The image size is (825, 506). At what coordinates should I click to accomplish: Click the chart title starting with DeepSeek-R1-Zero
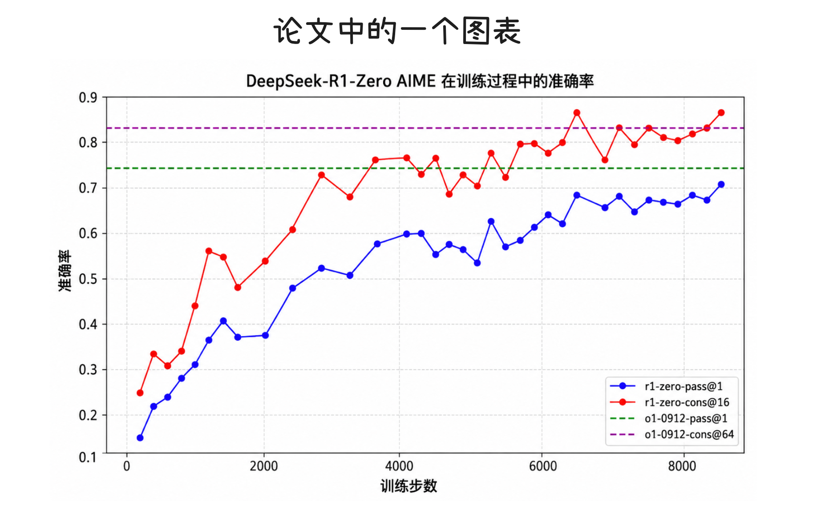[420, 81]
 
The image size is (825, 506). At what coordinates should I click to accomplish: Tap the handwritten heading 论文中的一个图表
[397, 31]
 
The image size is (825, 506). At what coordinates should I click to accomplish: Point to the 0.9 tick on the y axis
[88, 97]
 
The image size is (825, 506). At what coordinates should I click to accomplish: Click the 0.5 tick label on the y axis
[88, 279]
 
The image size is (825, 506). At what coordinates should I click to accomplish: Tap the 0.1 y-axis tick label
[88, 457]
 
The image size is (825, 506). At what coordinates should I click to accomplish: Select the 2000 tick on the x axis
[263, 466]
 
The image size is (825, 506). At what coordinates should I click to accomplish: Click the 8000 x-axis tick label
[682, 466]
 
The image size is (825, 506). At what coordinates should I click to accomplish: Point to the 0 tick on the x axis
[127, 466]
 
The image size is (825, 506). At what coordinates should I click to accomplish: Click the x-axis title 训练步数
[408, 486]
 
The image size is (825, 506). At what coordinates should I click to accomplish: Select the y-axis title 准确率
[65, 271]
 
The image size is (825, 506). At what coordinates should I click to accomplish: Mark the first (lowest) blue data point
[140, 438]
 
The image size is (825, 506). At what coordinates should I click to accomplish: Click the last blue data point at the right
[721, 185]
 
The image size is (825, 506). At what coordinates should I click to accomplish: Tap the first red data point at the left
[140, 393]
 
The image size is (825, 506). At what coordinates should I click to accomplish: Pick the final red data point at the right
[721, 112]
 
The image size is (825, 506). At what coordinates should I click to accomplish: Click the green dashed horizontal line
[425, 168]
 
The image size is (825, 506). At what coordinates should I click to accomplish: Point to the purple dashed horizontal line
[425, 128]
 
